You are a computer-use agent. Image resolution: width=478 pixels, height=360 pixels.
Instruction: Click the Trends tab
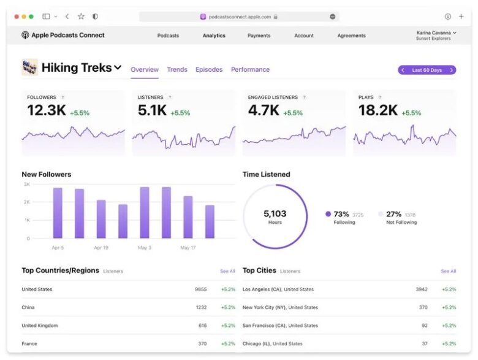tap(177, 70)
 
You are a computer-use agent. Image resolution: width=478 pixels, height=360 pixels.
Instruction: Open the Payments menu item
tap(259, 36)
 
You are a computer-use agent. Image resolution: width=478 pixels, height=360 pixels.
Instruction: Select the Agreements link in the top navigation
tap(352, 36)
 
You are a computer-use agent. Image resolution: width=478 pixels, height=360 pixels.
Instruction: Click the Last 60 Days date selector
tap(427, 70)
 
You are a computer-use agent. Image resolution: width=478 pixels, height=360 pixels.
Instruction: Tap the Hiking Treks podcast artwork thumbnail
tap(29, 67)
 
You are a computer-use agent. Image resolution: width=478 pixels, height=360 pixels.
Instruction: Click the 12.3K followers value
tap(46, 110)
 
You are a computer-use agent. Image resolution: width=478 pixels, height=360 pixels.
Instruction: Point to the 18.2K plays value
tap(377, 110)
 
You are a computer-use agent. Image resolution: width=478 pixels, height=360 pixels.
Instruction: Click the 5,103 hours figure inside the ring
tap(275, 214)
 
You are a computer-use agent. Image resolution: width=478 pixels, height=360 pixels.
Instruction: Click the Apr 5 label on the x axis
tap(58, 248)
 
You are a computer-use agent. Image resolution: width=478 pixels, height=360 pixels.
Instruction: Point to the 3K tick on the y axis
tap(26, 184)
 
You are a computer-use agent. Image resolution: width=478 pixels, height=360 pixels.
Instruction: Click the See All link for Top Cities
tap(448, 271)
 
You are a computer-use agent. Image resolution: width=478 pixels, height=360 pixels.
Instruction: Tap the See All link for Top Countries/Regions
tap(227, 271)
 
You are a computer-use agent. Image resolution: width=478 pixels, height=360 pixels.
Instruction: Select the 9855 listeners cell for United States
tap(200, 289)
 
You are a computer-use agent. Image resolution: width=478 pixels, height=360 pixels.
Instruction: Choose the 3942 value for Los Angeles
tap(421, 289)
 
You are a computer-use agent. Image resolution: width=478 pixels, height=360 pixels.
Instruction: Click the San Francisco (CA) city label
tap(280, 326)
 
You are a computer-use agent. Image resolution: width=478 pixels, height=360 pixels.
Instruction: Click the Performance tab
tap(250, 70)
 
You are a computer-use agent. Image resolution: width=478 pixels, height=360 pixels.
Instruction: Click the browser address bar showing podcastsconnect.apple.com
tap(239, 17)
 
